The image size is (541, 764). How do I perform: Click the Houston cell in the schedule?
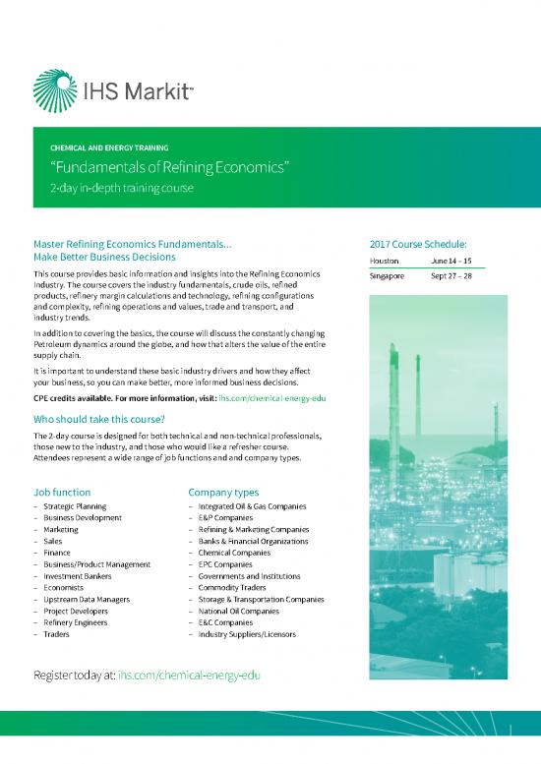(385, 261)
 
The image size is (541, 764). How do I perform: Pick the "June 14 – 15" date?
(451, 261)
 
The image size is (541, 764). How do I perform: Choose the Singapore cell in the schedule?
(388, 276)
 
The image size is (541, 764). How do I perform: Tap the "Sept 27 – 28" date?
(451, 276)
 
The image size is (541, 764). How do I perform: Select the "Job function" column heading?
(62, 492)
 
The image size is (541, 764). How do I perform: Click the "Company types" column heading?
(223, 492)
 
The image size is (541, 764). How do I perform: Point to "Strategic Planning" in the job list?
(75, 506)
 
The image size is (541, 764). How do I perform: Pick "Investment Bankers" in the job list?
(77, 576)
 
